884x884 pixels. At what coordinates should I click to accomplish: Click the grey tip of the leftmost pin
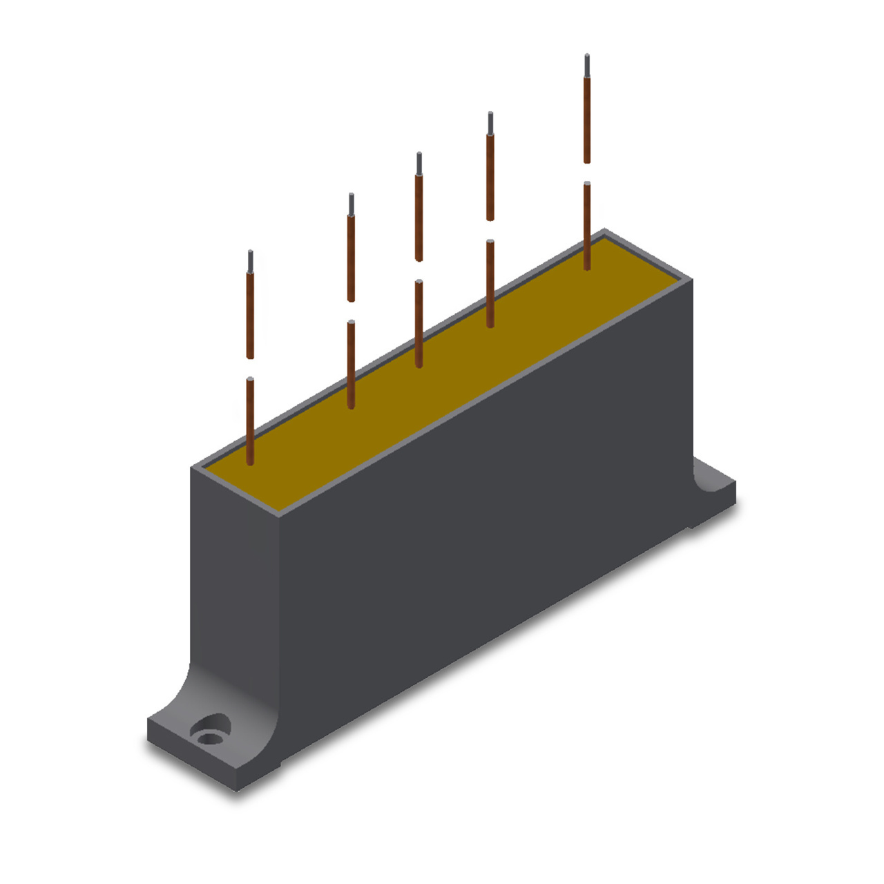coord(250,262)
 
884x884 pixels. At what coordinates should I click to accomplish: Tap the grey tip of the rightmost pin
coord(587,65)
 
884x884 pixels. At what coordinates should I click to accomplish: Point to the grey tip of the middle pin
coord(419,164)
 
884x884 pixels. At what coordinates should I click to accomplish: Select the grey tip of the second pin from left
coord(351,204)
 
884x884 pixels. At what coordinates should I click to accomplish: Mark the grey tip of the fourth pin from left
coord(490,122)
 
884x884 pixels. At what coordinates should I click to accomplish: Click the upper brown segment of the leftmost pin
coord(250,315)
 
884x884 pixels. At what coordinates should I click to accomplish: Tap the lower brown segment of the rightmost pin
coord(587,225)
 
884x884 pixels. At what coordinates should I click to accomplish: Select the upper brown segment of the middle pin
coord(419,218)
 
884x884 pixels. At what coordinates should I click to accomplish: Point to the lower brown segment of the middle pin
coord(419,323)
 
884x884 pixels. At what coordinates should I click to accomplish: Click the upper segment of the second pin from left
coord(351,258)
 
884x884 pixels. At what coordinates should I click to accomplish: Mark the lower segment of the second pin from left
coord(351,364)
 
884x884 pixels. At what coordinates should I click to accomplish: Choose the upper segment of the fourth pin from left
coord(490,177)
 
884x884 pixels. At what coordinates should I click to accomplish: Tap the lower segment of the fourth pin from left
coord(490,283)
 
